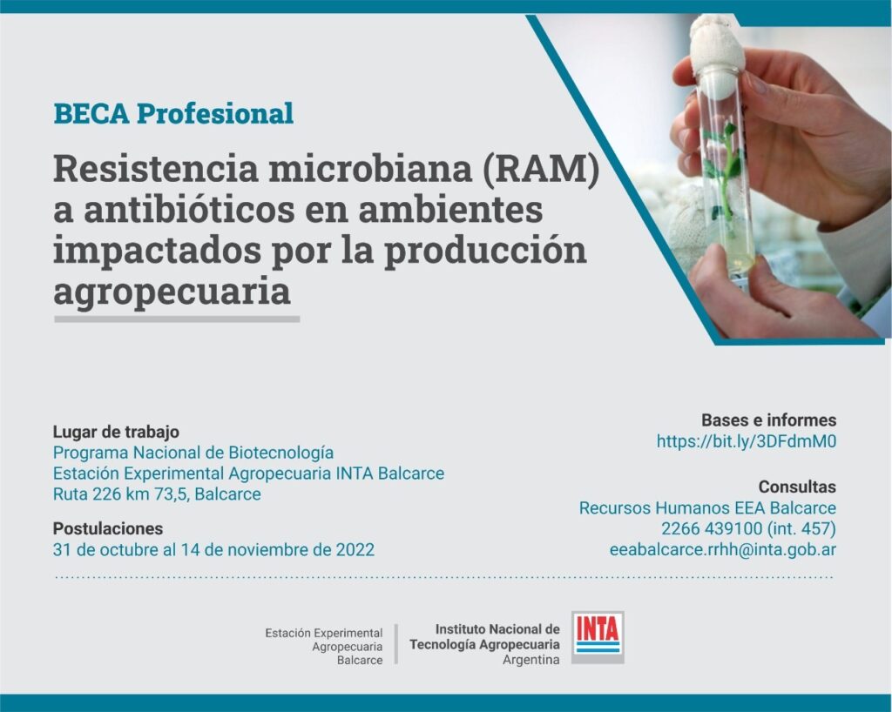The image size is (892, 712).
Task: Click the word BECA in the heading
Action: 91,113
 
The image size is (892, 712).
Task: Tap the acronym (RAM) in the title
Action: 540,169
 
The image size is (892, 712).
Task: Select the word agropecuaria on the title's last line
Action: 172,292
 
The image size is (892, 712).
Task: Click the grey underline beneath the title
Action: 177,319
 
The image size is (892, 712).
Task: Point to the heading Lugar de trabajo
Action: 116,432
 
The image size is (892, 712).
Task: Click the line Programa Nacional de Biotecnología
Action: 193,453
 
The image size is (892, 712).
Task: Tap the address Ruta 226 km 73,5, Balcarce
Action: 157,494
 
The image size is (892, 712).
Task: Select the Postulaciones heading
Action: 108,528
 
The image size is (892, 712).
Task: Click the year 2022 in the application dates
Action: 355,549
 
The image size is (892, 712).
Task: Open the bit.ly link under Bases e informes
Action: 747,441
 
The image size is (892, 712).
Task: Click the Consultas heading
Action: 797,487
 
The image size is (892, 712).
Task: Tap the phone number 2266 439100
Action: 711,528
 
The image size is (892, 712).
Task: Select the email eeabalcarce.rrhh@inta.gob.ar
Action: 722,549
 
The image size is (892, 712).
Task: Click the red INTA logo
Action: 598,637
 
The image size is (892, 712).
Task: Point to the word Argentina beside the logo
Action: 530,660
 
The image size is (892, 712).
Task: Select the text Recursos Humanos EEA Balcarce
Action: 707,508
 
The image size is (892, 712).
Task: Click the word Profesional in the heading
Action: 215,113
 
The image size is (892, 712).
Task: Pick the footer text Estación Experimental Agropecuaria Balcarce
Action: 324,646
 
